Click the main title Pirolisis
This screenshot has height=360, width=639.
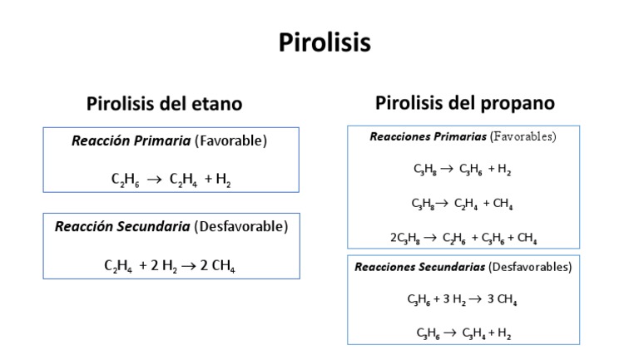[324, 43]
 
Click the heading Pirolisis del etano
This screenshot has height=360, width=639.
[165, 104]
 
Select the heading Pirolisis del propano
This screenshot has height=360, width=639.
[465, 103]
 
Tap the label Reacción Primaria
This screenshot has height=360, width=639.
[131, 141]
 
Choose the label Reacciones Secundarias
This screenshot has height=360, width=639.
[420, 267]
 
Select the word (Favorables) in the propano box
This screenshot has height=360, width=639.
[523, 136]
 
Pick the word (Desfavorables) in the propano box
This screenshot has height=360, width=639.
[531, 267]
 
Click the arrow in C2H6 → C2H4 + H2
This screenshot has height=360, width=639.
[154, 180]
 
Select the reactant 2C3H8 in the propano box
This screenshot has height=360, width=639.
[405, 237]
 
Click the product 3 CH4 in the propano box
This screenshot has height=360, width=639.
[502, 299]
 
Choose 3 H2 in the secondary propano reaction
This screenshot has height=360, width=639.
[456, 299]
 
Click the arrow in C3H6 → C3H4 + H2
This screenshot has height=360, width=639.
[448, 333]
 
